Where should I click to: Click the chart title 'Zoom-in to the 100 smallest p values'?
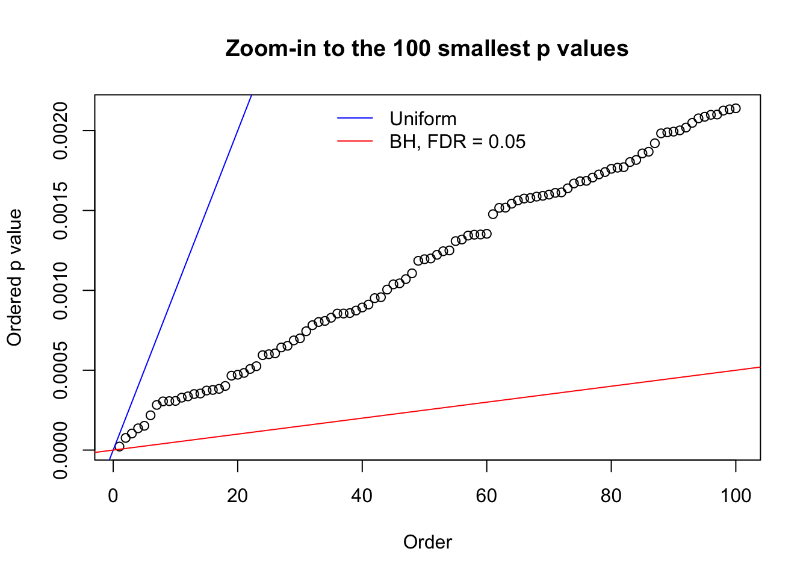(x=427, y=48)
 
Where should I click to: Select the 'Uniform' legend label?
(x=423, y=119)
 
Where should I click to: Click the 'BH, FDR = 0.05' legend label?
(x=457, y=141)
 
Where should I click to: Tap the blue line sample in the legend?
(x=355, y=119)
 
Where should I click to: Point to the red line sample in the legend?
(x=355, y=141)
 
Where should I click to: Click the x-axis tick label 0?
(x=113, y=496)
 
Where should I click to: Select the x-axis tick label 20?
(x=238, y=496)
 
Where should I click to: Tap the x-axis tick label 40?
(x=362, y=496)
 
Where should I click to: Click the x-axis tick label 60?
(x=486, y=496)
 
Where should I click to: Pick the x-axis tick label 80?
(x=611, y=496)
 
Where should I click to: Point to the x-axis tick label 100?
(x=736, y=496)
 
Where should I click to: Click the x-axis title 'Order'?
(x=427, y=542)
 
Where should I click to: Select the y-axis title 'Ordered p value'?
(x=14, y=278)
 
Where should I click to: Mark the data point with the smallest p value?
(x=119, y=446)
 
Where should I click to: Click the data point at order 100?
(x=736, y=108)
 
